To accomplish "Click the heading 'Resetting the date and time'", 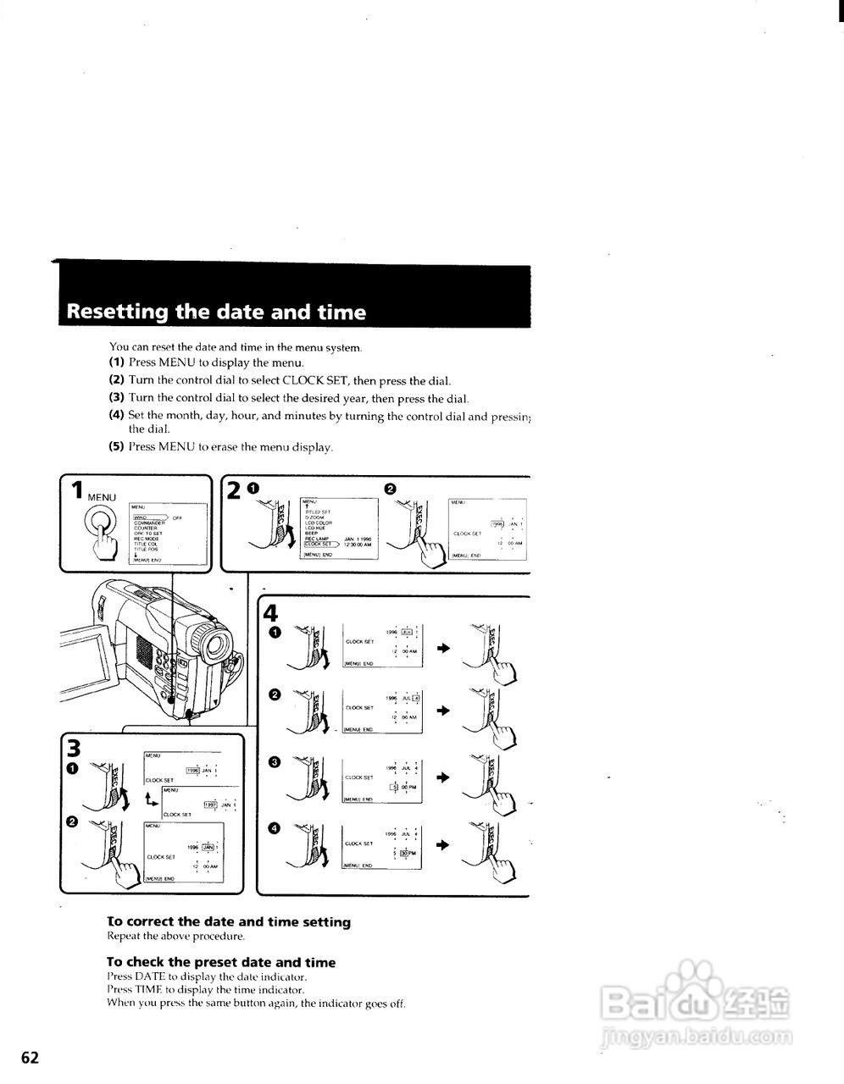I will (x=216, y=312).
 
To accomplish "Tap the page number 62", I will (x=31, y=1057).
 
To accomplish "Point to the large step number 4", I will (x=270, y=612).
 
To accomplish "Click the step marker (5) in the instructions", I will (x=116, y=446).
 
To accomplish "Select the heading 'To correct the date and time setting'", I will (x=229, y=921).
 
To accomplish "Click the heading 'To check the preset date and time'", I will (x=221, y=962).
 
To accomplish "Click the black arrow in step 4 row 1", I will (x=442, y=647).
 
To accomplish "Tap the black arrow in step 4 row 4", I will (x=442, y=845).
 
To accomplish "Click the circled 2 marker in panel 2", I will (x=390, y=489).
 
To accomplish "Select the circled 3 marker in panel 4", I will (x=274, y=762).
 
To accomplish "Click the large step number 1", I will (x=77, y=491).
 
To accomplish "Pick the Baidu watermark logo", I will (x=695, y=999).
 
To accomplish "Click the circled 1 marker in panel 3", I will (x=73, y=768).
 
